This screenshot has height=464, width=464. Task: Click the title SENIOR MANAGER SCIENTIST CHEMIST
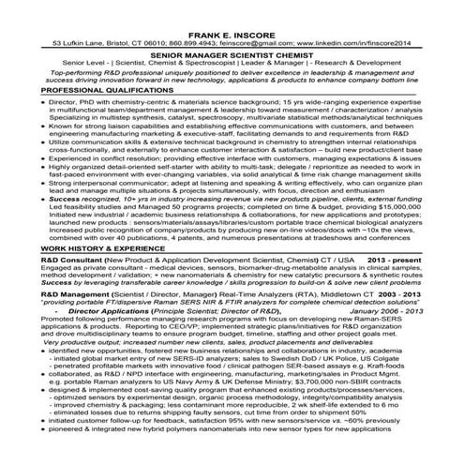(233, 57)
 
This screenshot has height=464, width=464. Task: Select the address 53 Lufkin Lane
(83, 43)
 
